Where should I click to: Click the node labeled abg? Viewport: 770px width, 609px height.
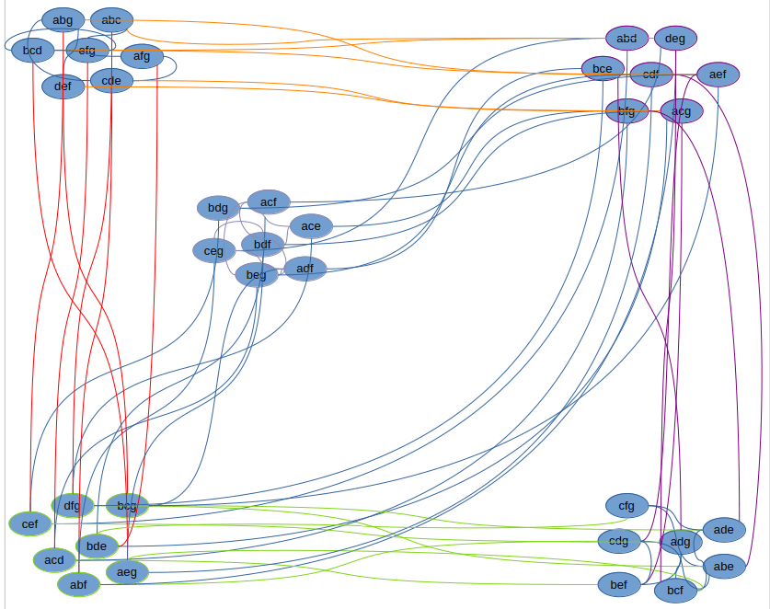point(63,19)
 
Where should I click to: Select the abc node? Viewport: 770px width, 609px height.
point(111,19)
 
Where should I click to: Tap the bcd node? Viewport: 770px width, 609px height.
point(32,50)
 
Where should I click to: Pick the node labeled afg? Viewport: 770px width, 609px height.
point(142,56)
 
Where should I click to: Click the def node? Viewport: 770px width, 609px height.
point(63,86)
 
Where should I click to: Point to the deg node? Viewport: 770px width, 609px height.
point(675,38)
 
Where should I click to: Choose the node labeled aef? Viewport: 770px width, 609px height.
point(718,74)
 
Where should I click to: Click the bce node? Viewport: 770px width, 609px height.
point(602,68)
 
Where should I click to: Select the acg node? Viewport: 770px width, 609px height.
point(681,111)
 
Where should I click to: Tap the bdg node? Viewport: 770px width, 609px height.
point(218,207)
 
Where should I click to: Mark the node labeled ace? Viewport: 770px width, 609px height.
point(311,225)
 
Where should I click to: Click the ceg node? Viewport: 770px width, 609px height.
point(213,249)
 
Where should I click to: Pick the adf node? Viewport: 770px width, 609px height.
point(305,269)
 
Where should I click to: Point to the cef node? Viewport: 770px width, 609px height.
point(30,523)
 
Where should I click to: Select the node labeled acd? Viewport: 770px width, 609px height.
point(54,559)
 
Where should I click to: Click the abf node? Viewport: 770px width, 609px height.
point(78,583)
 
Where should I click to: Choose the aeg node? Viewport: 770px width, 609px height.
point(127,571)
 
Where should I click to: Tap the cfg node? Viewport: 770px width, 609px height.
point(626,505)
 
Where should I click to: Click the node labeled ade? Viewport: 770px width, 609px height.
point(724,529)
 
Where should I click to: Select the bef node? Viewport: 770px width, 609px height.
point(619,583)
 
